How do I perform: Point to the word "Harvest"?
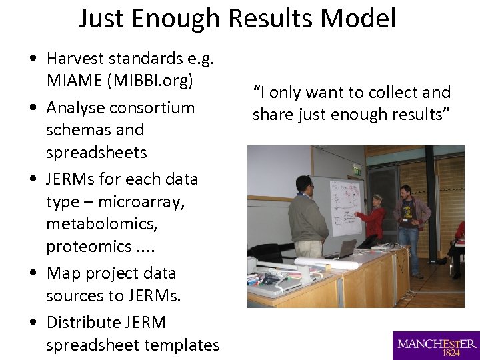click(x=77, y=59)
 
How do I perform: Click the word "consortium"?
click(x=152, y=107)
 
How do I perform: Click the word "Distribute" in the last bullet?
click(x=83, y=322)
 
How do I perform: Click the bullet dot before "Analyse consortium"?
click(x=33, y=108)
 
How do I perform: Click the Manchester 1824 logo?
click(x=436, y=346)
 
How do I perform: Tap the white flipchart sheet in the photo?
click(x=345, y=206)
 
